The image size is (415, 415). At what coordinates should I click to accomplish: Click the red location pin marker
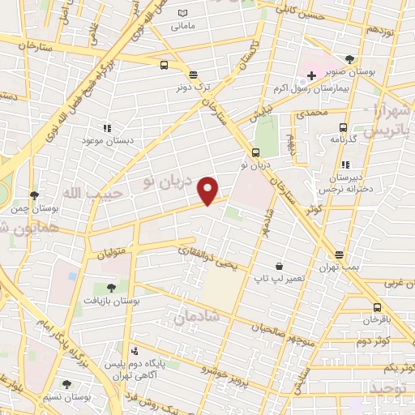[208, 190]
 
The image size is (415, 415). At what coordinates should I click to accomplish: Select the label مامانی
[182, 26]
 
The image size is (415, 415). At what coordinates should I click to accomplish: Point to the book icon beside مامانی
[183, 13]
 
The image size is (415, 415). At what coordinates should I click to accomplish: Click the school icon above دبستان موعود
[106, 127]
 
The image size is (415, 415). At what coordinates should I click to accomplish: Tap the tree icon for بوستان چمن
[34, 195]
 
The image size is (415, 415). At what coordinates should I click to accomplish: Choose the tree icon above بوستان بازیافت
[111, 287]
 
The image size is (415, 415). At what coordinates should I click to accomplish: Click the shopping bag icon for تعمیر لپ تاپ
[279, 266]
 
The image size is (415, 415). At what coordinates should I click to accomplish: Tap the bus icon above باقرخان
[377, 307]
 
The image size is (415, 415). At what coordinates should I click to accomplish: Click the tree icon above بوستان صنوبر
[349, 59]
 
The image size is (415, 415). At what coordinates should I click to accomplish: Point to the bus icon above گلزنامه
[343, 127]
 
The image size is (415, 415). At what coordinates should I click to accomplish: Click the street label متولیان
[112, 254]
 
